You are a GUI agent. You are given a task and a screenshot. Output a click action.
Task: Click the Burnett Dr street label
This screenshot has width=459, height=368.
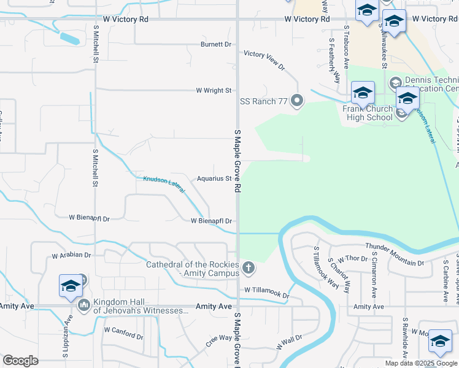[x=216, y=44]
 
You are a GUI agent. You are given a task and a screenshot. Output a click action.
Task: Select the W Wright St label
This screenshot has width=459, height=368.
[x=213, y=90]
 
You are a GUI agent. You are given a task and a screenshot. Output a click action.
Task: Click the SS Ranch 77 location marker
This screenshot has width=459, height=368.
[x=298, y=101]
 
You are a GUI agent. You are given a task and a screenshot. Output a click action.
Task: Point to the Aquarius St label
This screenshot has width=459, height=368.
[x=213, y=179]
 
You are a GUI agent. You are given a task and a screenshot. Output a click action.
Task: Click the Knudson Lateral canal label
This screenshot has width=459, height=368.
[x=164, y=184]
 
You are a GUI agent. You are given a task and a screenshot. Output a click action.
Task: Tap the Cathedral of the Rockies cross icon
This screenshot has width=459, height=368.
[x=248, y=267]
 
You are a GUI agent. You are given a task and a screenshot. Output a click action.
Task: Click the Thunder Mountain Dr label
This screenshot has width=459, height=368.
[x=395, y=255]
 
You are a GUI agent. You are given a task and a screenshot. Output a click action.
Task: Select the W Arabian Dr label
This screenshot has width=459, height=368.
[x=71, y=255]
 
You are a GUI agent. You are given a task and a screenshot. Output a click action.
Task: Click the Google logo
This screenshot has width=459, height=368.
[x=20, y=361]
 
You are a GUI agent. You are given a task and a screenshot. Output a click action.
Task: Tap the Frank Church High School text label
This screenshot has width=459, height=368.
[x=367, y=112]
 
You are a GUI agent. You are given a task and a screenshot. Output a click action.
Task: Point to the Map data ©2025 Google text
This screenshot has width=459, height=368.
[x=421, y=363]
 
